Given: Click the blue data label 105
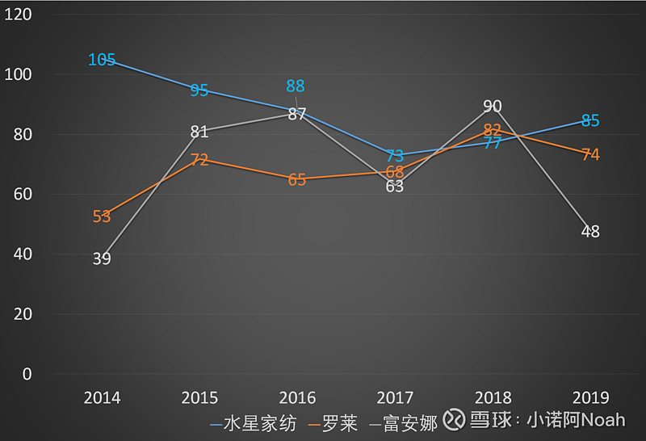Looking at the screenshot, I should coord(102,60).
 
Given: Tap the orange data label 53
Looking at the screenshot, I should coord(102,216).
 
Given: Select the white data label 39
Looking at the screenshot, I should coord(102,259).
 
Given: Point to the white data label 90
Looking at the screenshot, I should coord(493,107).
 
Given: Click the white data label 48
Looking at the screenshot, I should coord(590,232).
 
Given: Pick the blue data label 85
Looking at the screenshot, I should coord(590,121).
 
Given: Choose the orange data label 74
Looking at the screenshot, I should coord(590,154).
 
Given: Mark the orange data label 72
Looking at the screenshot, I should coord(199,160).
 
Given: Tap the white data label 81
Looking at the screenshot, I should coord(199,132).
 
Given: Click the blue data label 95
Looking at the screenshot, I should coord(199,90).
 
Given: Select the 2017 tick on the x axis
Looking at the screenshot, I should coord(395,397).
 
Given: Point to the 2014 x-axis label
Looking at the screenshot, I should coord(102,397).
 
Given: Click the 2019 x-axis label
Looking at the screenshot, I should coord(590,397).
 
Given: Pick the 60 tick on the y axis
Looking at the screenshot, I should coord(22,194).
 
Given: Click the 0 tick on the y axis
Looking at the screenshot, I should coord(27,374).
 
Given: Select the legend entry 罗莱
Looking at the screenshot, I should coord(339,423).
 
